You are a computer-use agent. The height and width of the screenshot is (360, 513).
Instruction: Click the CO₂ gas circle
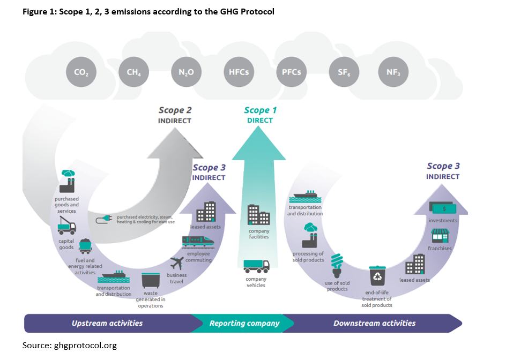(81, 72)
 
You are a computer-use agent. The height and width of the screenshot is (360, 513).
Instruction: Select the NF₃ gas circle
(393, 72)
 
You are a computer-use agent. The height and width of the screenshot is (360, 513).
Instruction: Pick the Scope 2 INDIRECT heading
(175, 115)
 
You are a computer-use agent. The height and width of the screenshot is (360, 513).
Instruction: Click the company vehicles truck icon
(256, 266)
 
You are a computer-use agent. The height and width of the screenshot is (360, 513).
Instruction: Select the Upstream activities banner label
(107, 323)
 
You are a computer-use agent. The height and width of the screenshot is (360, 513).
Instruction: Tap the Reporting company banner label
(244, 323)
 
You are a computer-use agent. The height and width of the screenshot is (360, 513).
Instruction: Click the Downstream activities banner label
(374, 323)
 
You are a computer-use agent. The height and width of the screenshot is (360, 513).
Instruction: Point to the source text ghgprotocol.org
(69, 346)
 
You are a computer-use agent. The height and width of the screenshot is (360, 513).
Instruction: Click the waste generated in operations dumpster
(150, 281)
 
